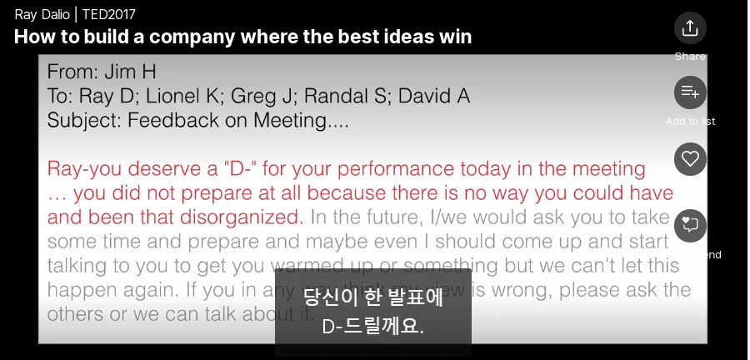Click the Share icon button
pyautogui.click(x=690, y=27)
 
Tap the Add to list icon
pyautogui.click(x=690, y=92)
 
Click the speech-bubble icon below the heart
pyautogui.click(x=690, y=225)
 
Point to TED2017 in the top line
pyautogui.click(x=108, y=14)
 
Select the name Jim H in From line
pyautogui.click(x=127, y=72)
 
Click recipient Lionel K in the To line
pyautogui.click(x=191, y=96)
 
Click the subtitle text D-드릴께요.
pyautogui.click(x=373, y=326)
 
